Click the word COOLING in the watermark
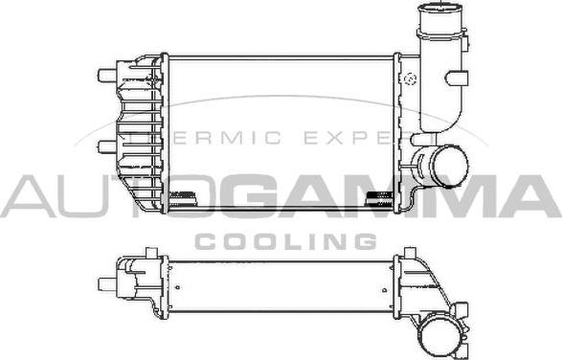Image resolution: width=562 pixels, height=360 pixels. pos(285,241)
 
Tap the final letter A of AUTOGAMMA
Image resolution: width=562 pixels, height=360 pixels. pos(532,197)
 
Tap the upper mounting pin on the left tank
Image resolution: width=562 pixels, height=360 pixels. pos(104,73)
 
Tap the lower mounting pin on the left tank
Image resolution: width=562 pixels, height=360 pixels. pos(104,146)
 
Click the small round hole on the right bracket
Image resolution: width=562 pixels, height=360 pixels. pos(409,78)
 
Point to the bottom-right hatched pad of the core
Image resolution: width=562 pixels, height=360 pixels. pos(380,199)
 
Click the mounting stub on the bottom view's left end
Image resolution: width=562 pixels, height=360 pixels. pos(105,283)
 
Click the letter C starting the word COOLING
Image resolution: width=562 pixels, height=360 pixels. pos(206,241)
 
